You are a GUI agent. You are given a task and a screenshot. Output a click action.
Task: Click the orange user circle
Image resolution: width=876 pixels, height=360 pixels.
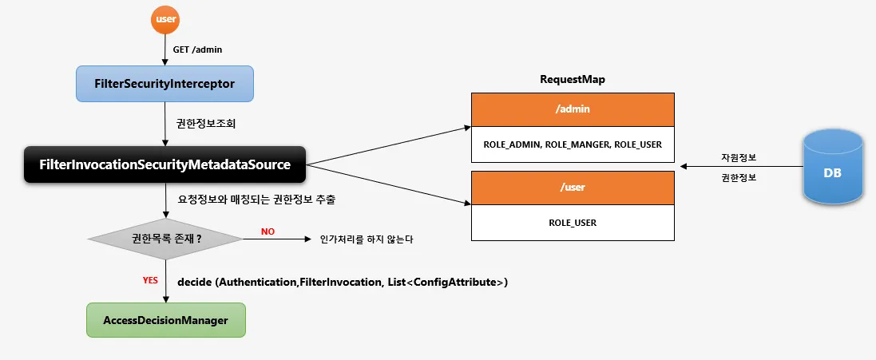point(164,19)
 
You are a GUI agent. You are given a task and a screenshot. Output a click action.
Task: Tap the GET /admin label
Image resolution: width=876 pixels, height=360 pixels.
point(197,49)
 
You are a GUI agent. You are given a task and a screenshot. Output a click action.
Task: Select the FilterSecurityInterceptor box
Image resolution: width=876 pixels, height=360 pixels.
point(164,83)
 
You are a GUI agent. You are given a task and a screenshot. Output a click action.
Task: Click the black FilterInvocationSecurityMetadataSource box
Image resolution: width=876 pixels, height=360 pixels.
point(164,164)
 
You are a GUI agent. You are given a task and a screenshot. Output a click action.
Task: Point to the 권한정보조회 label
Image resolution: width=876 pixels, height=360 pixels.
point(206,125)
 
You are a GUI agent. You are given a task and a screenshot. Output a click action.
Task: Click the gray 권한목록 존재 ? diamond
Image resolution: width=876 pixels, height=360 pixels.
point(164,238)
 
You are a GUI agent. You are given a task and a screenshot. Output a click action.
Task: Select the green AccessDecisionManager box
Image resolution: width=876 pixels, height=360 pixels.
point(165,320)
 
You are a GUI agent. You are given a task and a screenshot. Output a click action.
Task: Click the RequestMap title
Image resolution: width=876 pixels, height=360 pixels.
point(573,79)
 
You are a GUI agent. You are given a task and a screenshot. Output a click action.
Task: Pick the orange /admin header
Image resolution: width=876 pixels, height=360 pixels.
point(573,109)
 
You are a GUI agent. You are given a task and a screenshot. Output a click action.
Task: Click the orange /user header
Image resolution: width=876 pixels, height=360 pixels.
point(573,188)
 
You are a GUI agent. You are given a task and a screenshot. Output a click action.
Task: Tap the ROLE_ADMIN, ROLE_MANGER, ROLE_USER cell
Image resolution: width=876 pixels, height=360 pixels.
point(573,144)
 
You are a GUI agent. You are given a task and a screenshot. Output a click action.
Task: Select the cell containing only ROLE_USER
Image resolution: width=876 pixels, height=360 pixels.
point(573,223)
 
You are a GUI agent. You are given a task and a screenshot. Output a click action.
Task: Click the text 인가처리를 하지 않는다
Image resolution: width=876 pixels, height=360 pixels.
point(367,239)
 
